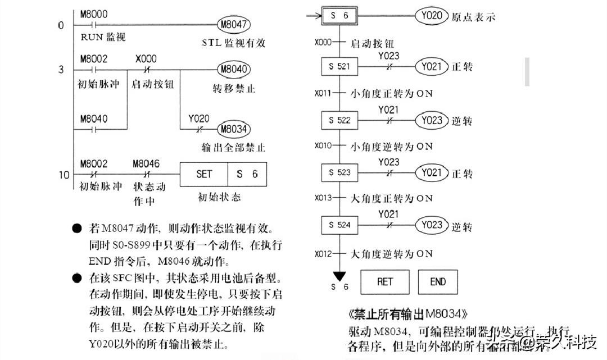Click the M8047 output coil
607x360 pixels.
tap(233, 25)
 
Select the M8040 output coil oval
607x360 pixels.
tap(233, 70)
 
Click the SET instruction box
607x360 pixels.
tap(204, 174)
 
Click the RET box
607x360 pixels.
tap(385, 282)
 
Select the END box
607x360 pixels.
tap(438, 282)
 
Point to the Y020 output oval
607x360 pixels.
tap(431, 16)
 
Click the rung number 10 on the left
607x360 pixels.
tap(64, 175)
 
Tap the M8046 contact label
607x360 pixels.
tap(146, 163)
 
